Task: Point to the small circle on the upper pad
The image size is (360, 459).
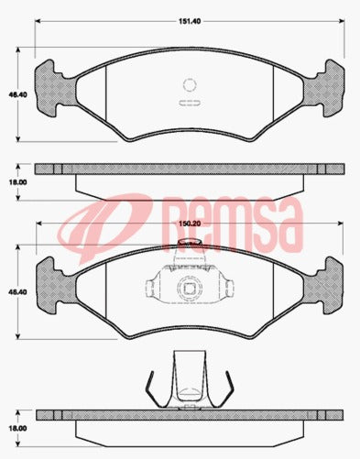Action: coord(190,82)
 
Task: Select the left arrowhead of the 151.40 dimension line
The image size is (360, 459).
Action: coord(38,23)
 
